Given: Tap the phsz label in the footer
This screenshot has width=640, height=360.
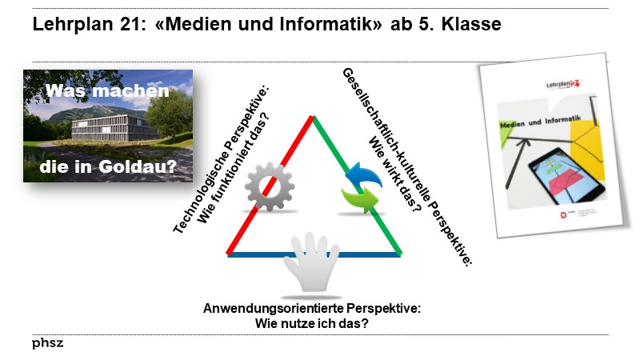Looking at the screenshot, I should point(48,344).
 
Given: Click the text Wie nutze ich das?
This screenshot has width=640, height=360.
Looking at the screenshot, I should point(311,323).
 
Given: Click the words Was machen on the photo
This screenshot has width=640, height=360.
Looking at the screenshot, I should point(107,91).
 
